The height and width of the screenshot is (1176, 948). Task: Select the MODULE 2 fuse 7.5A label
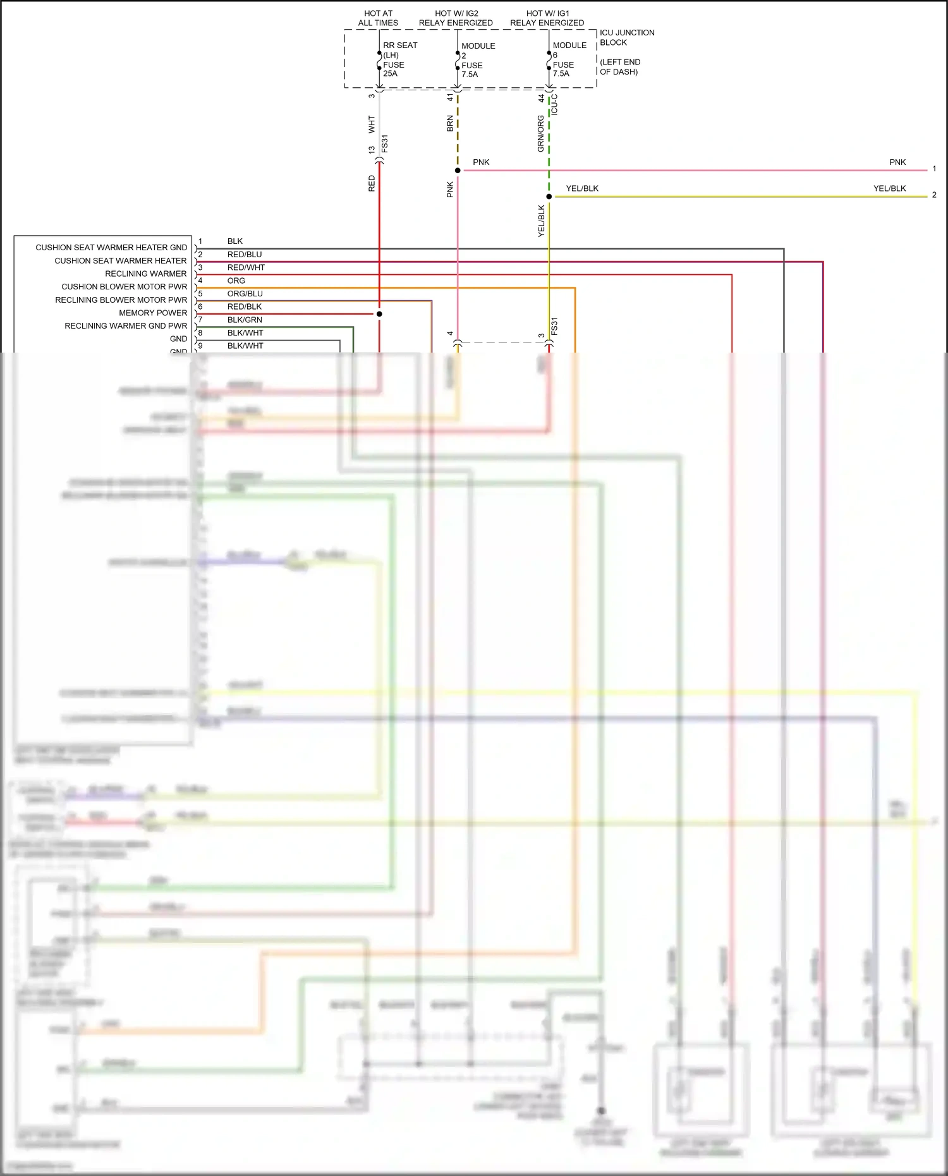(x=477, y=60)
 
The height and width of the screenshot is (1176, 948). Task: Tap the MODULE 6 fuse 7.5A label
(x=569, y=59)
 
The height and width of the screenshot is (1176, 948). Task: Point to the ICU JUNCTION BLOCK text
(x=626, y=37)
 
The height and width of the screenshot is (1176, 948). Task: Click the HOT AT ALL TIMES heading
(x=378, y=18)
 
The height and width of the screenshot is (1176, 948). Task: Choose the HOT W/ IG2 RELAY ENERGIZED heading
(x=456, y=18)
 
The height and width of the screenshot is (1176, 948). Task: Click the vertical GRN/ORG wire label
(x=541, y=133)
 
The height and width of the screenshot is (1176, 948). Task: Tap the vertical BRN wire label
(x=450, y=123)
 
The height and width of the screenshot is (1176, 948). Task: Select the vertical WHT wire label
(x=372, y=124)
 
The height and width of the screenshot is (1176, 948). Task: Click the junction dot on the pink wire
(x=458, y=171)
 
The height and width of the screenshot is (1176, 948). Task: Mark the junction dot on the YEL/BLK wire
(x=549, y=197)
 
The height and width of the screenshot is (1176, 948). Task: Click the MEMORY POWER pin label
(x=153, y=313)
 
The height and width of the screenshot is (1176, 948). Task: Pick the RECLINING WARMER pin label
(x=146, y=274)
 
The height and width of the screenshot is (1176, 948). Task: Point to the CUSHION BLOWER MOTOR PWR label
(x=124, y=287)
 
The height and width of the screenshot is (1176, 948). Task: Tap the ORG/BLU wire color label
(x=245, y=294)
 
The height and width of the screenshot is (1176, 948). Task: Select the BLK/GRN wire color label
(x=245, y=320)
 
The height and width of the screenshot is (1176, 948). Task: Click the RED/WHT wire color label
(x=246, y=267)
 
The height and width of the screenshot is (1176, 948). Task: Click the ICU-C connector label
(x=555, y=104)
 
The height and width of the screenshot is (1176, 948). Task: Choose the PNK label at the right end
(x=897, y=162)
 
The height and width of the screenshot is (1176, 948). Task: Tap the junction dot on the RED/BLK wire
(x=379, y=313)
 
